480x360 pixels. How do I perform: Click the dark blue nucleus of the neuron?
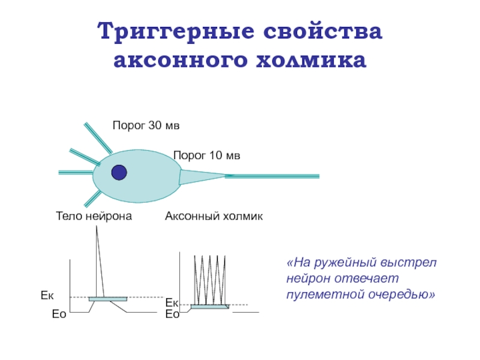pyautogui.click(x=119, y=172)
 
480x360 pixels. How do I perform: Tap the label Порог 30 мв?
pyautogui.click(x=146, y=125)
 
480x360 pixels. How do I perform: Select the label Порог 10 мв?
pyautogui.click(x=207, y=155)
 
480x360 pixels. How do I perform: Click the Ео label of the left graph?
pyautogui.click(x=59, y=313)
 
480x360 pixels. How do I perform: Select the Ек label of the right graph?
pyautogui.click(x=172, y=304)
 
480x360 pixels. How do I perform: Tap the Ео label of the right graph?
pyautogui.click(x=173, y=313)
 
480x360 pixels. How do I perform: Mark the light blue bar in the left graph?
pyautogui.click(x=108, y=299)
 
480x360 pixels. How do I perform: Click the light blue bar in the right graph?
pyautogui.click(x=209, y=307)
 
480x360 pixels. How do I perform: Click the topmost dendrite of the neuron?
pyautogui.click(x=98, y=138)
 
